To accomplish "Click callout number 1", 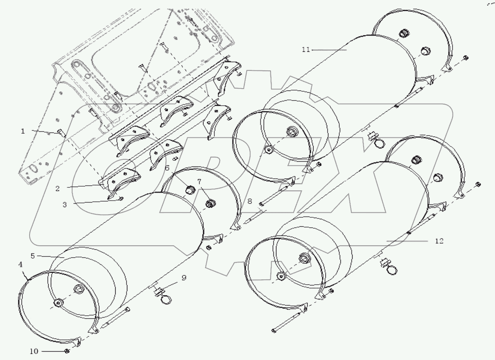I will point(23,131).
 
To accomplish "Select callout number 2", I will point(58,188).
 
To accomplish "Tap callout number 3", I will point(65,204).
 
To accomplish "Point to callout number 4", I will point(20,265).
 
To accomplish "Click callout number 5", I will point(33,256).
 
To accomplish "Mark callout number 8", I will point(249,201).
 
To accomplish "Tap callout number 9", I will point(184,278).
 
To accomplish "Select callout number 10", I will point(34,351).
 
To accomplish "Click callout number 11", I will point(306,49).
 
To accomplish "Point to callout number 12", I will point(439,241).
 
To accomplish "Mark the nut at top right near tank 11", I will point(466,58).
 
